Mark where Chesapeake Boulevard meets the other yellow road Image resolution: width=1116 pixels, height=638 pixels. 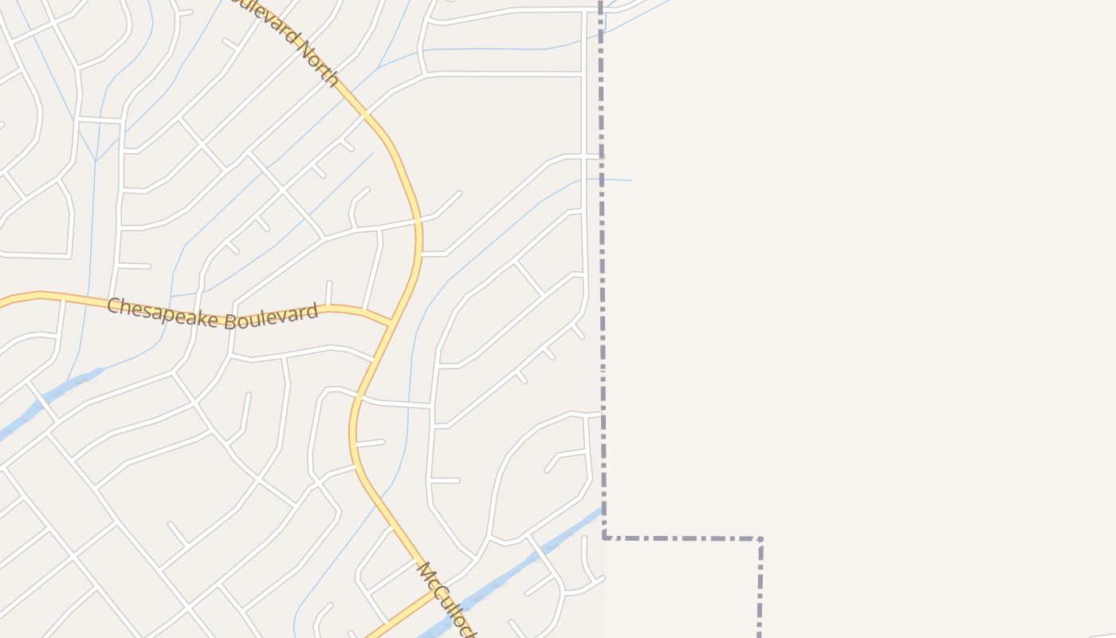click(392, 323)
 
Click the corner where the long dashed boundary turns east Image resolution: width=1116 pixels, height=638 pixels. click(605, 538)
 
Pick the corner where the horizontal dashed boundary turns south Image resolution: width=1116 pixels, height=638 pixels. click(760, 540)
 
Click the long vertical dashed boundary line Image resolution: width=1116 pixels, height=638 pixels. click(602, 279)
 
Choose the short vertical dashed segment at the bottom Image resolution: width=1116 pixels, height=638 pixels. click(760, 590)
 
